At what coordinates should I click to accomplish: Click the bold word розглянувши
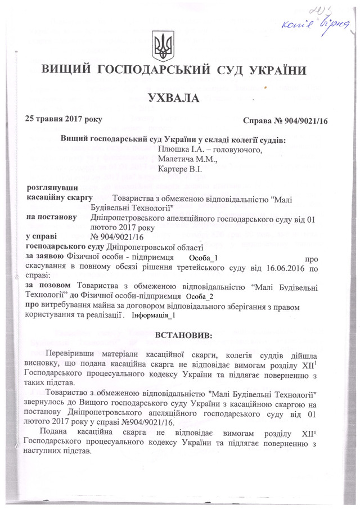coord(53,187)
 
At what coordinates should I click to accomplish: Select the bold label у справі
coord(44,237)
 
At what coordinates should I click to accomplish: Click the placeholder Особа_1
coord(203,258)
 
